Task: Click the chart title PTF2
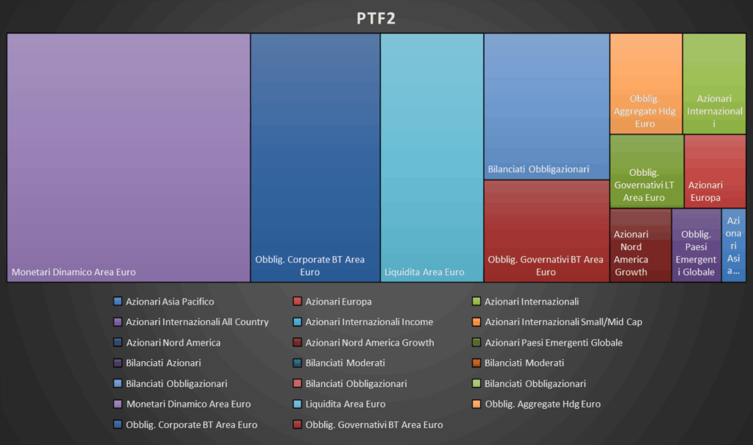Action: (376, 18)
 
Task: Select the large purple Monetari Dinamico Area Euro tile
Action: (129, 157)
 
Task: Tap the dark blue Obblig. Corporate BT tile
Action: (315, 157)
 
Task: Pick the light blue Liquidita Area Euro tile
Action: (432, 157)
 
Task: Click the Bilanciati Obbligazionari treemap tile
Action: (546, 106)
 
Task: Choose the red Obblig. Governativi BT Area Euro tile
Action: (546, 230)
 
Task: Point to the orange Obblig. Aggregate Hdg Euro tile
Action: (646, 83)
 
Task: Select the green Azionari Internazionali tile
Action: (714, 83)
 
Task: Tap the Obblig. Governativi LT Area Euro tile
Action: (646, 171)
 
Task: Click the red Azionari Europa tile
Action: (715, 171)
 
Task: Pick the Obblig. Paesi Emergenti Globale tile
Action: (696, 245)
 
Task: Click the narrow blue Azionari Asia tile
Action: (733, 245)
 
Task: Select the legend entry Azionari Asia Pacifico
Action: (170, 302)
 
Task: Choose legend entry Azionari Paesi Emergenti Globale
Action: (553, 343)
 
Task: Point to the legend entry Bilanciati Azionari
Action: (163, 363)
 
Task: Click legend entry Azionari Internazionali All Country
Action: (197, 322)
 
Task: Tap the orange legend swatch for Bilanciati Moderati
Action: (477, 363)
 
